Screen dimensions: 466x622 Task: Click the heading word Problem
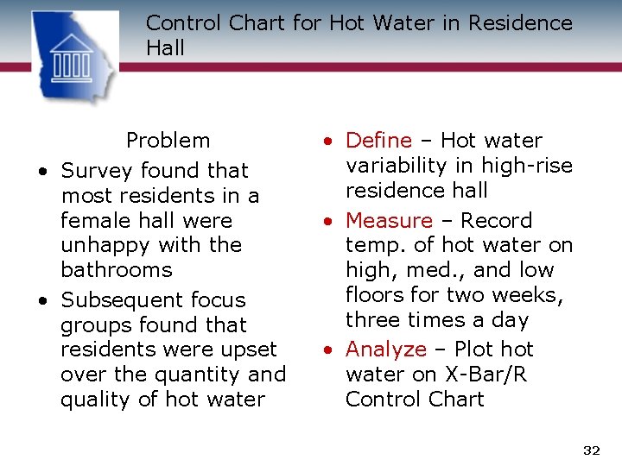(x=168, y=140)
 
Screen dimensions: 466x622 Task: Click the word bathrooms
(x=117, y=270)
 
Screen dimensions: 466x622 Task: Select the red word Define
(x=379, y=140)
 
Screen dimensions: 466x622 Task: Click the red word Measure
(x=389, y=221)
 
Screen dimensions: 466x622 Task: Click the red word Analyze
(x=386, y=349)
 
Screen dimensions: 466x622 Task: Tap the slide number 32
(x=591, y=450)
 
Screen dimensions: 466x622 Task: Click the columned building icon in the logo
(x=72, y=57)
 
